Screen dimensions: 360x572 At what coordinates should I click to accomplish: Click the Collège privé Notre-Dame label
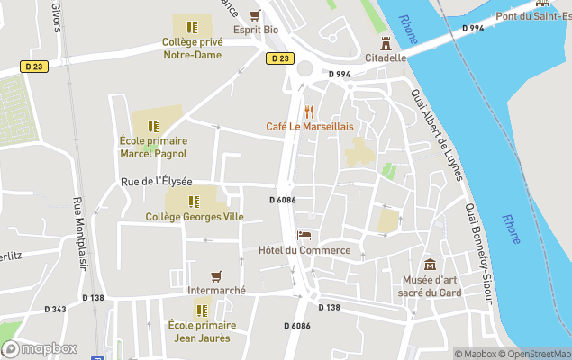[x=191, y=49]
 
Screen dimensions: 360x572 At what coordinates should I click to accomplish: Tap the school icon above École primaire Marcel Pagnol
[x=153, y=126]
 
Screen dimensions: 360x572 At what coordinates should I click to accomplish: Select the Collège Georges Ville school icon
[x=193, y=202]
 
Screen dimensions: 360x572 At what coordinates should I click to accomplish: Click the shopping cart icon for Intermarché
[x=216, y=276]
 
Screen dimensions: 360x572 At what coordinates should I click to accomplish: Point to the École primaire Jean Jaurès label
[x=202, y=331]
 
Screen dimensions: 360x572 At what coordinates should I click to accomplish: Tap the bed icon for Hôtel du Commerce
[x=304, y=235]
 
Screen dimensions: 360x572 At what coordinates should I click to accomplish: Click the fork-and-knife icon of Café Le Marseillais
[x=309, y=112]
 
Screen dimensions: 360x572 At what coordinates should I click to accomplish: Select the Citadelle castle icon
[x=386, y=42]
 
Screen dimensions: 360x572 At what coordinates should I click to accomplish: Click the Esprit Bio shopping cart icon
[x=256, y=14]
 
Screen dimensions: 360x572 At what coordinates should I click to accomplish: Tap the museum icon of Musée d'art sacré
[x=430, y=265]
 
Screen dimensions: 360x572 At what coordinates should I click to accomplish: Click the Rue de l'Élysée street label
[x=157, y=182]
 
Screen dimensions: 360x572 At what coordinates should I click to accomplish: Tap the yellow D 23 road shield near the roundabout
[x=280, y=58]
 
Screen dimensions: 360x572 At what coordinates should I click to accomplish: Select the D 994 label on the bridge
[x=473, y=29]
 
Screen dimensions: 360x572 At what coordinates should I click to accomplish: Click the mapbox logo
[x=40, y=347]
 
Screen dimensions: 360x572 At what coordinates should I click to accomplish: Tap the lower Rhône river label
[x=511, y=229]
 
